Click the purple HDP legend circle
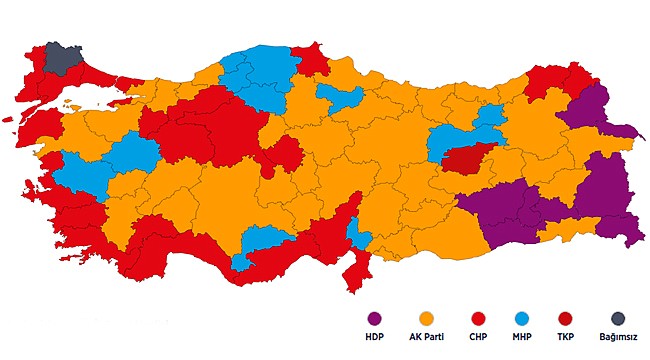375,318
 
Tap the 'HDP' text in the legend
375,337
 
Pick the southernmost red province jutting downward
355,270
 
